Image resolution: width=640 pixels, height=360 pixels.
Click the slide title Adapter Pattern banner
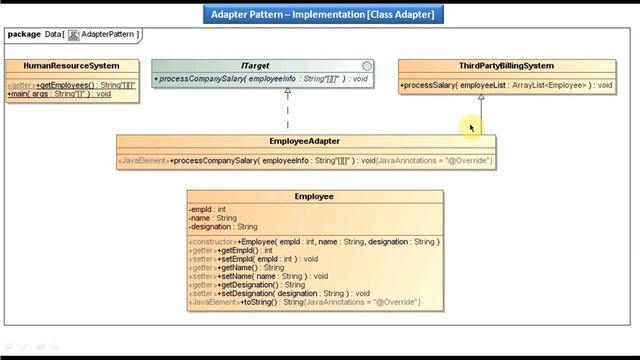pos(320,14)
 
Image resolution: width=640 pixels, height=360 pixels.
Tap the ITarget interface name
pos(257,66)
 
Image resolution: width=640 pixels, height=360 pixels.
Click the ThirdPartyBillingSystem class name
pos(506,66)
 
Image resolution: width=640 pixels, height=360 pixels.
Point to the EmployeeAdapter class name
pos(305,142)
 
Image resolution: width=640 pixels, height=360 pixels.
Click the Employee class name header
pos(314,196)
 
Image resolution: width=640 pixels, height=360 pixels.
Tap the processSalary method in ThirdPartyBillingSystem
pos(506,85)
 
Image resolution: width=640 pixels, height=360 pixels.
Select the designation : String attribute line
pos(223,227)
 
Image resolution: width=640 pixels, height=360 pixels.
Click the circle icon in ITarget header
pos(367,66)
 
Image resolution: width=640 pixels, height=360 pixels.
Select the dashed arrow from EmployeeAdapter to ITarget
pos(288,112)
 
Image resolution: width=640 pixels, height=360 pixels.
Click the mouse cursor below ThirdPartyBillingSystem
pos(470,126)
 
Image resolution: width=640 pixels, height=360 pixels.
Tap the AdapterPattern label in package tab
pos(106,34)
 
